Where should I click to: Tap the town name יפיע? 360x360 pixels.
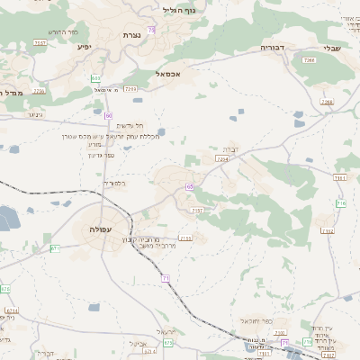click(x=85, y=46)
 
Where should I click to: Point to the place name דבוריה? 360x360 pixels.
click(x=272, y=46)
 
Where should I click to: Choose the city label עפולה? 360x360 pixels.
click(x=101, y=229)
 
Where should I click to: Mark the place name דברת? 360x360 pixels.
click(x=231, y=148)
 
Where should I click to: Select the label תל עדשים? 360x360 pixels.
click(x=130, y=125)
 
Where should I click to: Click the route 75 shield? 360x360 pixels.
click(x=152, y=31)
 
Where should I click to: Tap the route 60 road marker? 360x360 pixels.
click(x=108, y=116)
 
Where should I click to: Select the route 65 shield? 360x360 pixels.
click(x=190, y=186)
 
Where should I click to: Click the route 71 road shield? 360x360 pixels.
click(x=166, y=278)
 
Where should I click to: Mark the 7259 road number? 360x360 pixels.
click(x=131, y=89)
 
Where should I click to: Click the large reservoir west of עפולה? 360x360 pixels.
click(x=7, y=216)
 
